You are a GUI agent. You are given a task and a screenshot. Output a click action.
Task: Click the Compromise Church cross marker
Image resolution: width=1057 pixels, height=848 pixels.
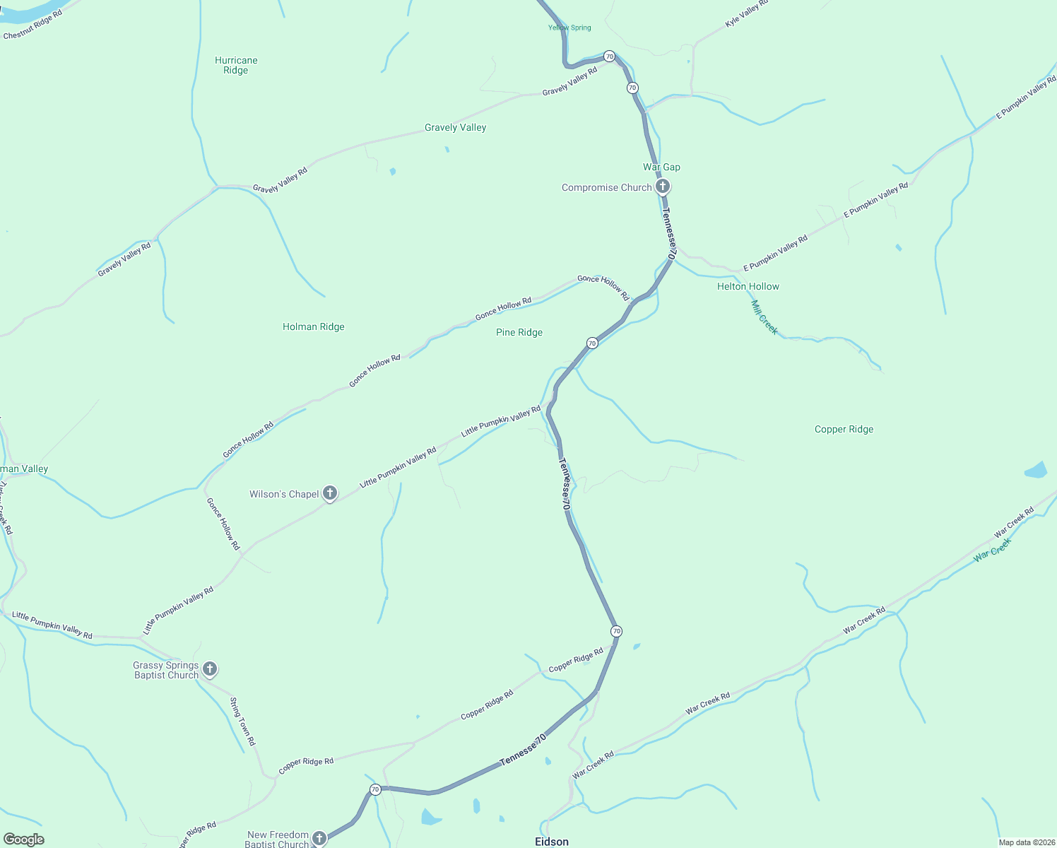tap(662, 187)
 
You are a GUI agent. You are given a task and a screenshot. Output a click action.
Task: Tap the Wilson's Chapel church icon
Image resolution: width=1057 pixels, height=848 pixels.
tap(330, 493)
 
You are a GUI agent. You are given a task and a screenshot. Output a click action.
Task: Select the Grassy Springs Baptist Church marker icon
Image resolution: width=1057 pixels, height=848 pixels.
tap(209, 669)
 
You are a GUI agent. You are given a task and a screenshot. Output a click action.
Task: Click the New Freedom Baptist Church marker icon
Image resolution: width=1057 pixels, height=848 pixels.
tap(319, 838)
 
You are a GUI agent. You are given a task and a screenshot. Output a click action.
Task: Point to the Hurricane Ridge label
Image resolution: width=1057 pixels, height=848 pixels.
tap(236, 65)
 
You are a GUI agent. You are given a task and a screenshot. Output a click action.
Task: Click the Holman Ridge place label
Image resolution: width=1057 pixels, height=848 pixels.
tap(314, 326)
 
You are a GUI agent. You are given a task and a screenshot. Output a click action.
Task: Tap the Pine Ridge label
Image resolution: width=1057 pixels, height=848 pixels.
tap(519, 332)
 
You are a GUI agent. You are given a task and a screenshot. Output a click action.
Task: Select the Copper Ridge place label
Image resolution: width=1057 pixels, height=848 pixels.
tap(844, 429)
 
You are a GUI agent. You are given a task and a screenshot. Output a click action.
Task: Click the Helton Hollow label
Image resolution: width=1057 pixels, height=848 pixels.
tap(748, 286)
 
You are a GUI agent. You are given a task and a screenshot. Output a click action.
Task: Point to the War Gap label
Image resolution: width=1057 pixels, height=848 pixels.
tap(661, 167)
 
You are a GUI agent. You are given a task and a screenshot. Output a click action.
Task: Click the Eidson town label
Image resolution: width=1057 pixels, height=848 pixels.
tap(551, 841)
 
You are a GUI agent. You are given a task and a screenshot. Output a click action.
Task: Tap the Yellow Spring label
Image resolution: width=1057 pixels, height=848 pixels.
tap(569, 28)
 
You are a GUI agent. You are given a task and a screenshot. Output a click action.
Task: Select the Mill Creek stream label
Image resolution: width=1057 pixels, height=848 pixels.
tap(764, 317)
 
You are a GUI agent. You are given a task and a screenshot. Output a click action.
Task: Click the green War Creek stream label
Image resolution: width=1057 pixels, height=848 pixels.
tap(992, 549)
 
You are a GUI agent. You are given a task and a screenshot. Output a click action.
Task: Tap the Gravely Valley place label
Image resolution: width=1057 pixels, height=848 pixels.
tap(455, 127)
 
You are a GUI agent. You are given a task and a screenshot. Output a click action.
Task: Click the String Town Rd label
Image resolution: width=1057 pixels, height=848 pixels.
tap(242, 722)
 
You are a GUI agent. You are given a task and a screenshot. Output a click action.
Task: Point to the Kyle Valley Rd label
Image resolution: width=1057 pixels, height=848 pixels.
tap(746, 14)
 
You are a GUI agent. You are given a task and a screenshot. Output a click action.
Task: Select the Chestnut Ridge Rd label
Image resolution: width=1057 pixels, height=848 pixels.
tap(33, 24)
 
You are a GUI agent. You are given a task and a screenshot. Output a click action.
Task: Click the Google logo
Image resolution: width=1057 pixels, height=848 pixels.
tap(24, 840)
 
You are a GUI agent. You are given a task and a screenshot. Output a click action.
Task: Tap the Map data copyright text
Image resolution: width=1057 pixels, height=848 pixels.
tap(1027, 842)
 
